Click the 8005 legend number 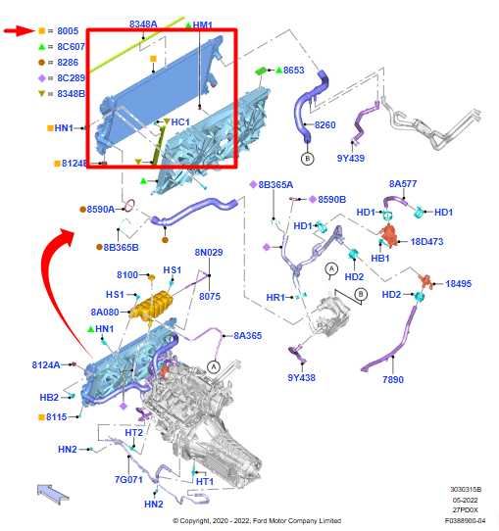pos(68,30)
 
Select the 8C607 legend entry pos(62,46)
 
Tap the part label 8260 pos(324,125)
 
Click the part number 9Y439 pos(351,158)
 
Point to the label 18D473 pos(426,241)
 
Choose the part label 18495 pos(458,284)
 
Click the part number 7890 pos(393,379)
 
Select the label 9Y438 pos(301,377)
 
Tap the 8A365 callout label pos(248,336)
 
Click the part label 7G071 pos(128,479)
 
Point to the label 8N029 pos(209,253)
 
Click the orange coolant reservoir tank pos(151,307)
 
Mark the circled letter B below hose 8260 pos(307,159)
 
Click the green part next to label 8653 pos(261,71)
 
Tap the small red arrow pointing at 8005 pos(20,30)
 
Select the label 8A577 pos(403,184)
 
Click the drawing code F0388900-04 pos(465,520)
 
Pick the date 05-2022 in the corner pos(465,501)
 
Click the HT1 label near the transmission pos(205,482)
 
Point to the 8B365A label pos(275,185)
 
